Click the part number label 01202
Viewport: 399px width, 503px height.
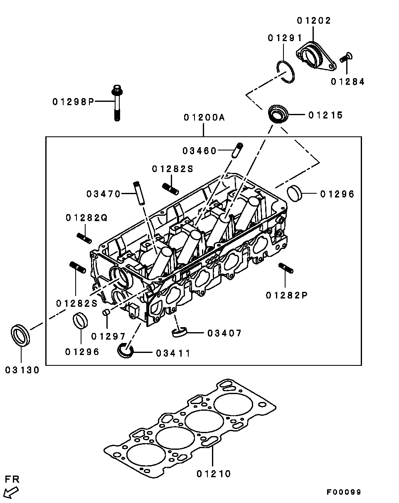point(314,20)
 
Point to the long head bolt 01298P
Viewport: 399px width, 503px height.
point(117,102)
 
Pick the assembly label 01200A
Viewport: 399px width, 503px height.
point(204,118)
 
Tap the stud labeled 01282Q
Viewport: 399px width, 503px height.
point(84,238)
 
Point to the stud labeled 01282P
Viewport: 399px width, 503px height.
point(286,269)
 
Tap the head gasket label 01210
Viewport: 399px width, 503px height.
point(214,473)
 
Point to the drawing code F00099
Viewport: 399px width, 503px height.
point(343,492)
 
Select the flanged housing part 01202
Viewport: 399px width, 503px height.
point(315,57)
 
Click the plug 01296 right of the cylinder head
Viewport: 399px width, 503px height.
point(295,194)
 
